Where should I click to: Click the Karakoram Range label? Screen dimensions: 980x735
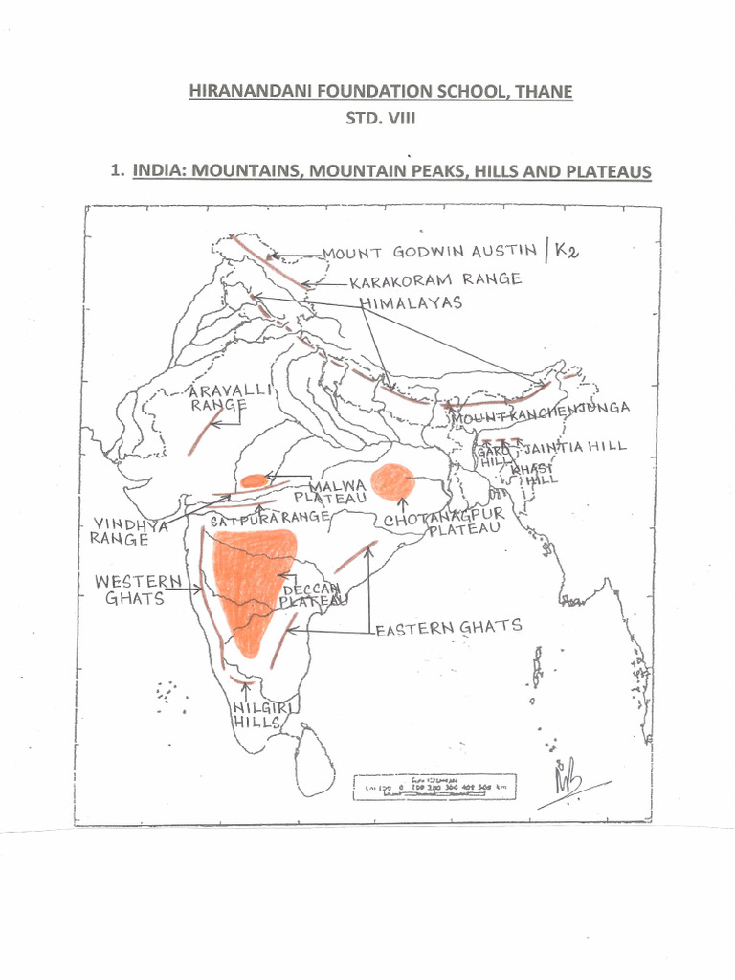434,280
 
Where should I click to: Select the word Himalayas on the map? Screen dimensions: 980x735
412,302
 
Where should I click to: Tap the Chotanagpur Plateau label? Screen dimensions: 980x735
442,523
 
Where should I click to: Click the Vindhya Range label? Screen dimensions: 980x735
129,531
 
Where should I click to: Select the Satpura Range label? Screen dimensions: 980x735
270,517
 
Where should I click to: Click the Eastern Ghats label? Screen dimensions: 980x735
448,628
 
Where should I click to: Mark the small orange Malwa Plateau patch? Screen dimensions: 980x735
255,480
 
